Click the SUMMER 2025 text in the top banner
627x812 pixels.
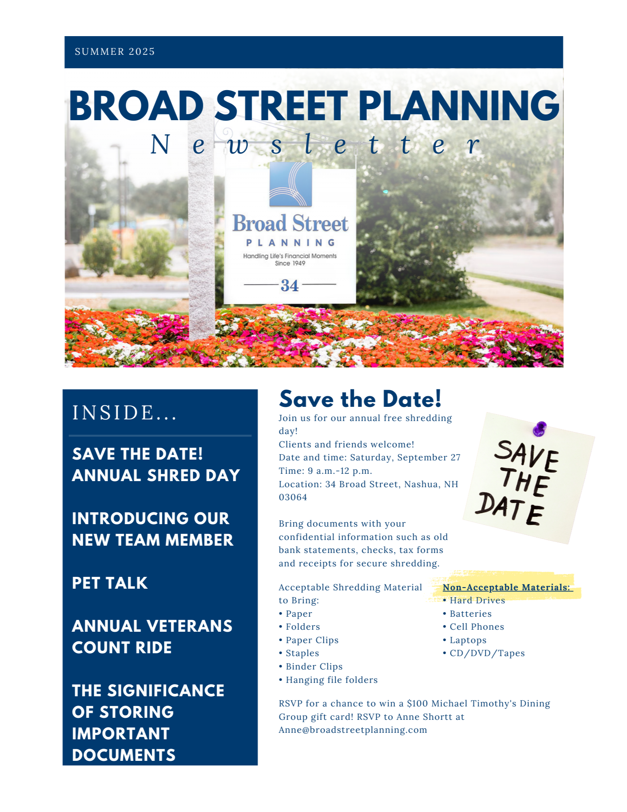tap(114, 52)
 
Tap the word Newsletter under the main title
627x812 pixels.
tap(315, 145)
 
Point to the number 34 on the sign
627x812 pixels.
tap(289, 285)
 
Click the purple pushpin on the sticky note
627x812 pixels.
tap(540, 428)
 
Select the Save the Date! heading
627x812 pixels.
tap(360, 399)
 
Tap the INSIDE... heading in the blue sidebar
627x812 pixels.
tap(124, 412)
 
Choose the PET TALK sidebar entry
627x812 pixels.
tap(110, 583)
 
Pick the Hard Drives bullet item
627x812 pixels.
tap(477, 600)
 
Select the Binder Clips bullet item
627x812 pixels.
tap(314, 666)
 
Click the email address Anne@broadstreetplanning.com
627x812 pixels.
tap(353, 730)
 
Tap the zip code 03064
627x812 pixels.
tap(293, 497)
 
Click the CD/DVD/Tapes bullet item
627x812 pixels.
tap(487, 653)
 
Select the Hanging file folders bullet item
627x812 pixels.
tap(331, 680)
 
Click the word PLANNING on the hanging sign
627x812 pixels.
tap(291, 243)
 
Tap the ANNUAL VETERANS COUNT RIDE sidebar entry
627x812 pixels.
tap(152, 637)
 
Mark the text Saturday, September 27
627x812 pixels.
tap(405, 457)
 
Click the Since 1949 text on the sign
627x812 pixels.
tap(290, 263)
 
